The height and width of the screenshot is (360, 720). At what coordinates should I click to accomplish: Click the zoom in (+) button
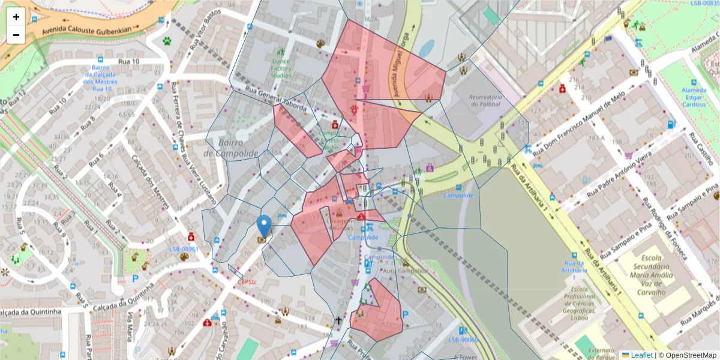tap(16, 17)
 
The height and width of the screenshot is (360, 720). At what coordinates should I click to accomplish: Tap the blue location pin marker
tap(263, 226)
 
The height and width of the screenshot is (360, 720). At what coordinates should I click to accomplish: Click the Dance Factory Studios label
tap(281, 68)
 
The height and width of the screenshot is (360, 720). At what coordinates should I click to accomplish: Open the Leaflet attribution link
tap(641, 355)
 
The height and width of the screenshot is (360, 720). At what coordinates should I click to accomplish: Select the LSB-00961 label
tap(183, 248)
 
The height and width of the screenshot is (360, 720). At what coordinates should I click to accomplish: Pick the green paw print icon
tap(166, 41)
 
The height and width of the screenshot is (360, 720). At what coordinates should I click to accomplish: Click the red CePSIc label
tap(247, 282)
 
